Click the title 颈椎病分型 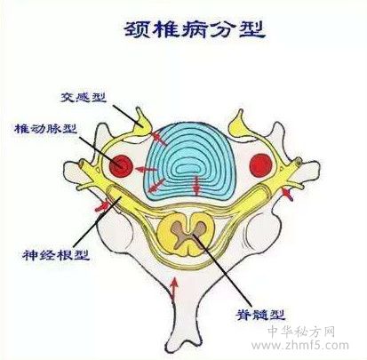pos(194,29)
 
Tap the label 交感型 pos(84,97)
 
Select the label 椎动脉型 pos(46,129)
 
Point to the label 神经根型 pos(56,255)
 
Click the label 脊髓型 pos(260,315)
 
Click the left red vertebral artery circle pos(121,165)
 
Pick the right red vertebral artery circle pos(261,165)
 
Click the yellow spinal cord pos(186,235)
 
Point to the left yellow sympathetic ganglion pos(141,123)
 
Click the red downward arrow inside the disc pos(195,185)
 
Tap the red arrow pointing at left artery pos(145,170)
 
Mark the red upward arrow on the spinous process pos(174,288)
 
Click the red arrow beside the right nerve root pos(287,194)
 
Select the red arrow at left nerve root pos(102,205)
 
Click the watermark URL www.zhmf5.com pos(299,345)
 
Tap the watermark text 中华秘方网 pos(301,332)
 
